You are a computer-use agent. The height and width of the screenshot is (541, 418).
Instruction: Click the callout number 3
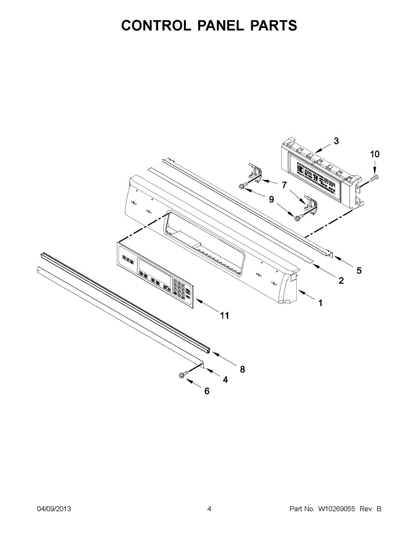(336, 141)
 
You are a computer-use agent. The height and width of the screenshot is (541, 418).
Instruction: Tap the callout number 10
(375, 154)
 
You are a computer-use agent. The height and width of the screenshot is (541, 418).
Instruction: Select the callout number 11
(224, 316)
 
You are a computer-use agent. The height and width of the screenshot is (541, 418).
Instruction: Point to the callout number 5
(359, 270)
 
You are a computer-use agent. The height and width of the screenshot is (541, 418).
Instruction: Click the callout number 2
(341, 280)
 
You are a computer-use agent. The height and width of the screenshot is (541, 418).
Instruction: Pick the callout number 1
(320, 303)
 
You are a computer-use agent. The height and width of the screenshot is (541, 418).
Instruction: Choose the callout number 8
(242, 369)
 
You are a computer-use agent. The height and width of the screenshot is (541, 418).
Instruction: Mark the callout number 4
(225, 380)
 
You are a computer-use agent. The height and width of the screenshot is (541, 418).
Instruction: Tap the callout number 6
(207, 391)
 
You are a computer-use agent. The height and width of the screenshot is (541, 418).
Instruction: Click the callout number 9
(271, 199)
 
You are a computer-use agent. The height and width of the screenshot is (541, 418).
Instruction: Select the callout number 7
(284, 185)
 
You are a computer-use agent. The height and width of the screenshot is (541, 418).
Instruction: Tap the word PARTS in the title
(274, 26)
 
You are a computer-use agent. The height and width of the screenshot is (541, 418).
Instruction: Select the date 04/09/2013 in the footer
(54, 509)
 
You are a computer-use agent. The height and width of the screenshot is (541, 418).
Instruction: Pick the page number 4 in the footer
(209, 509)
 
